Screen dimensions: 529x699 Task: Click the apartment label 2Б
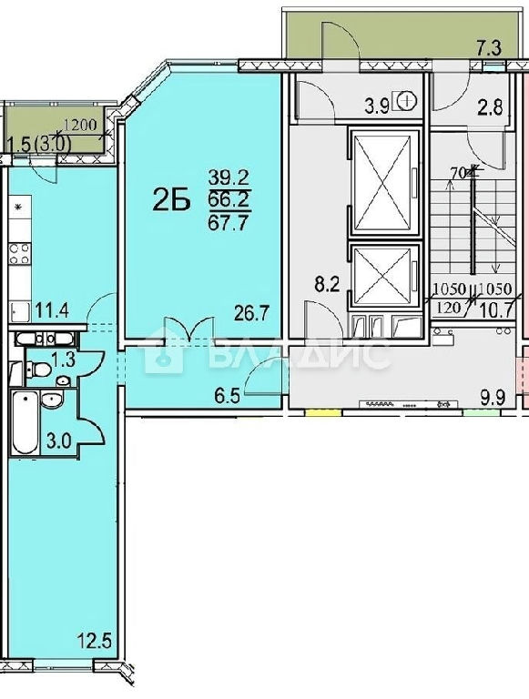[171, 200]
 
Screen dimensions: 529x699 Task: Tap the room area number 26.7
[252, 313]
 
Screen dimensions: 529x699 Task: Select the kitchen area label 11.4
[52, 310]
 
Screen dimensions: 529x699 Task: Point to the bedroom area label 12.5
[93, 643]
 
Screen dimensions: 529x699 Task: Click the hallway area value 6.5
[227, 395]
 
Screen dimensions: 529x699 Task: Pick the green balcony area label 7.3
[489, 48]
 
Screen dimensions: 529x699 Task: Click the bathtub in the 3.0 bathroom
[25, 421]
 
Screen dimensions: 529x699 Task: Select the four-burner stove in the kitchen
[21, 254]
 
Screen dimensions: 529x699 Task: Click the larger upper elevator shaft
[384, 181]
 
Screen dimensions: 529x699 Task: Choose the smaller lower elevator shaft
[384, 274]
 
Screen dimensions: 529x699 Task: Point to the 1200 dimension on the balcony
[84, 125]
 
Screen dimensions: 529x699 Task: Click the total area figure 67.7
[228, 221]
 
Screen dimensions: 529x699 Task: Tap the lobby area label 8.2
[328, 284]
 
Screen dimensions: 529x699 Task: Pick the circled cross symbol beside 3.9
[405, 101]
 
